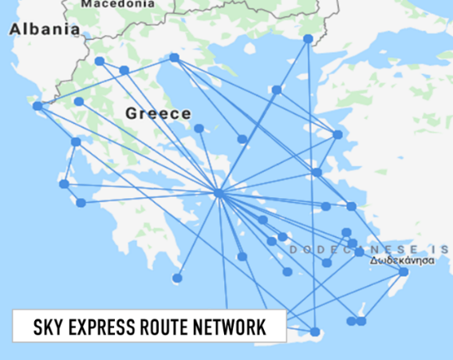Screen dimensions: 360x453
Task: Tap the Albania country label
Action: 44,30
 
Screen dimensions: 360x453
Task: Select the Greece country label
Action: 158,113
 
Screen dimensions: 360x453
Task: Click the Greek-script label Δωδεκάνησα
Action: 407,260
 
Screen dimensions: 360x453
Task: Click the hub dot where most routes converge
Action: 219,193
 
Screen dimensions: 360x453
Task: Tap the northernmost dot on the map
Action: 308,38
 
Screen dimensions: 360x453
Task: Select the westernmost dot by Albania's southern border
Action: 37,105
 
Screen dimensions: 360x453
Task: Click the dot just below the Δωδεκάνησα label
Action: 404,272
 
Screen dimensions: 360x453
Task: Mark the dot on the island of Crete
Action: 315,332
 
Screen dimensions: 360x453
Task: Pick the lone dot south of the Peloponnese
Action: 177,278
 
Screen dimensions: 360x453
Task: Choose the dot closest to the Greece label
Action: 199,128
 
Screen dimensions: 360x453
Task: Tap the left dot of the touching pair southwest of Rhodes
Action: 352,321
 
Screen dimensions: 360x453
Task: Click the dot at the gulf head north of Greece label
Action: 174,57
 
